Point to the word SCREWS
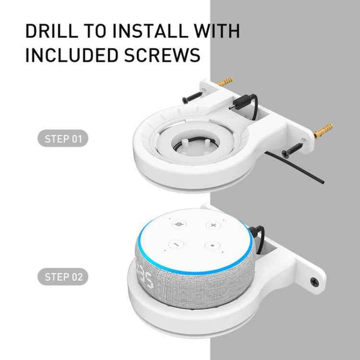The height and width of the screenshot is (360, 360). pos(162,55)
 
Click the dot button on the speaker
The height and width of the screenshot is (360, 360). pos(212,245)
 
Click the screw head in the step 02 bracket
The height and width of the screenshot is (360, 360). pos(314,280)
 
